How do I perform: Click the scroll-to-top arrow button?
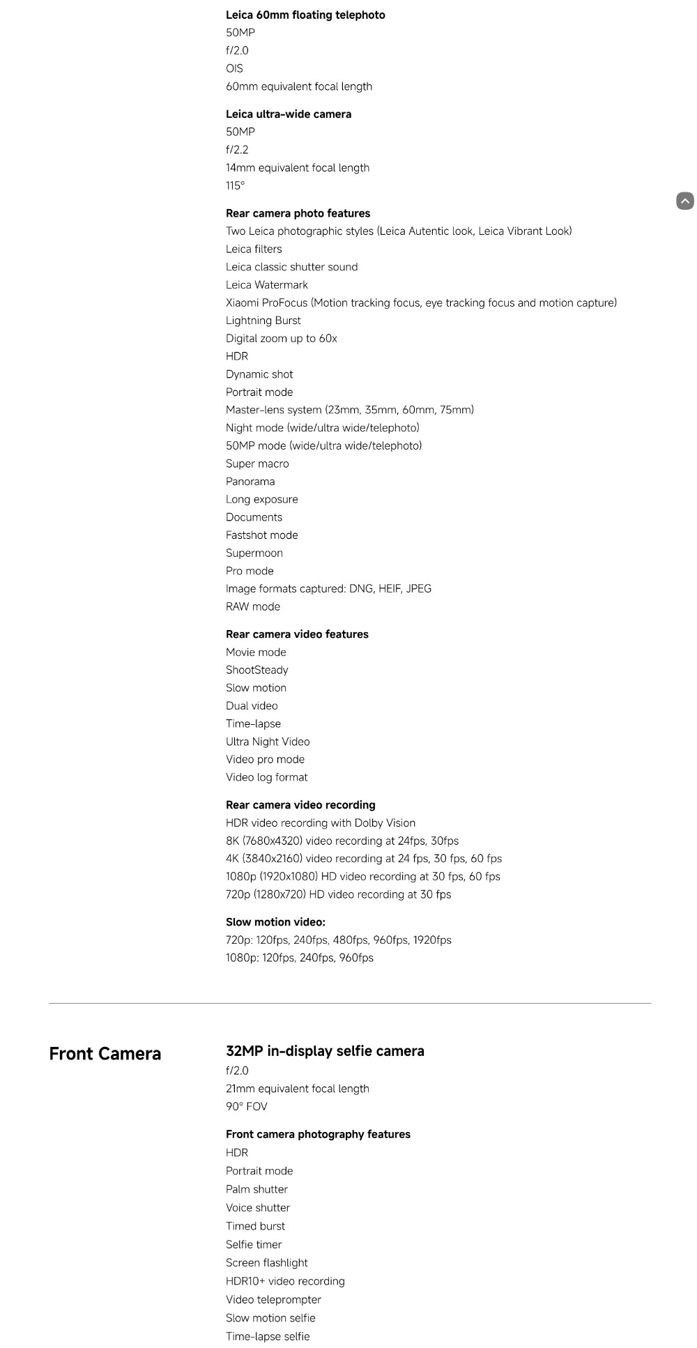(x=684, y=201)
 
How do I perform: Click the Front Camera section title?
(x=105, y=1053)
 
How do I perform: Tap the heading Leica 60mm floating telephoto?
(x=305, y=15)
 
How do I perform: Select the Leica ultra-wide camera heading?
(x=289, y=114)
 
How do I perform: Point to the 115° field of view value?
(x=235, y=185)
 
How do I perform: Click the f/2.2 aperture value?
(x=237, y=149)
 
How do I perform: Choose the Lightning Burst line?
(x=263, y=320)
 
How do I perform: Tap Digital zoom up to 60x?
(x=281, y=338)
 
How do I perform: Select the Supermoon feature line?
(x=254, y=553)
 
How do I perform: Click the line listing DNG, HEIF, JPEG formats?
(x=328, y=588)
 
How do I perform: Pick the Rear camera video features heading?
(x=297, y=634)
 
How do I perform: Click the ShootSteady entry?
(x=256, y=670)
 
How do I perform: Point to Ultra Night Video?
(x=267, y=741)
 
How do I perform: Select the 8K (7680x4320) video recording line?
(x=342, y=841)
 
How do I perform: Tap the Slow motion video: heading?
(x=275, y=921)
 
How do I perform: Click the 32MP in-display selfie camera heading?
(x=325, y=1050)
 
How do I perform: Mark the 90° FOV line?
(x=246, y=1106)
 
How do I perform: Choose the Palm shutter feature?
(x=256, y=1189)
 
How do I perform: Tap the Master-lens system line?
(x=349, y=409)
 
